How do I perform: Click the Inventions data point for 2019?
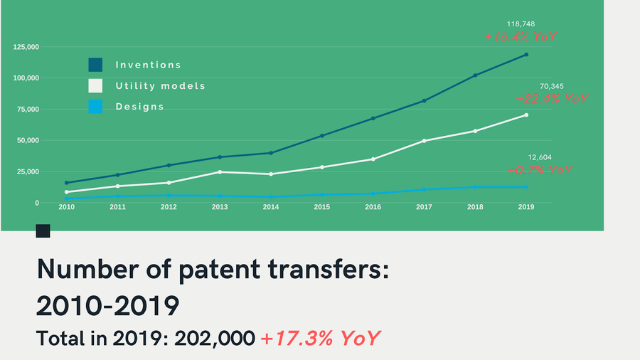click(x=526, y=54)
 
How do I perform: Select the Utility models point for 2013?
click(x=220, y=172)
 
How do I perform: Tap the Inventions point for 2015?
click(x=322, y=135)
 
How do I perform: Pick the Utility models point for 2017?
click(x=425, y=141)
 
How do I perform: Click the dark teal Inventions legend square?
click(x=95, y=65)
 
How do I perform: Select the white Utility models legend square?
click(x=95, y=86)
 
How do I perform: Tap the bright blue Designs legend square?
click(x=95, y=107)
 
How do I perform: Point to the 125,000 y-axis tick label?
click(x=26, y=47)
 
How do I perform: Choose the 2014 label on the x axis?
click(x=271, y=207)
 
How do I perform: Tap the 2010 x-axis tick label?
click(x=67, y=207)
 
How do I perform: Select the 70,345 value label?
click(x=552, y=87)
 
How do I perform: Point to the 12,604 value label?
click(x=540, y=157)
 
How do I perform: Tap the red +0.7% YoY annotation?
click(x=540, y=170)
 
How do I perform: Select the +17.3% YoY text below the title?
click(x=320, y=339)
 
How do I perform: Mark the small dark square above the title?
click(x=43, y=231)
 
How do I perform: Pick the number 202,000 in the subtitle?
click(x=220, y=339)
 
